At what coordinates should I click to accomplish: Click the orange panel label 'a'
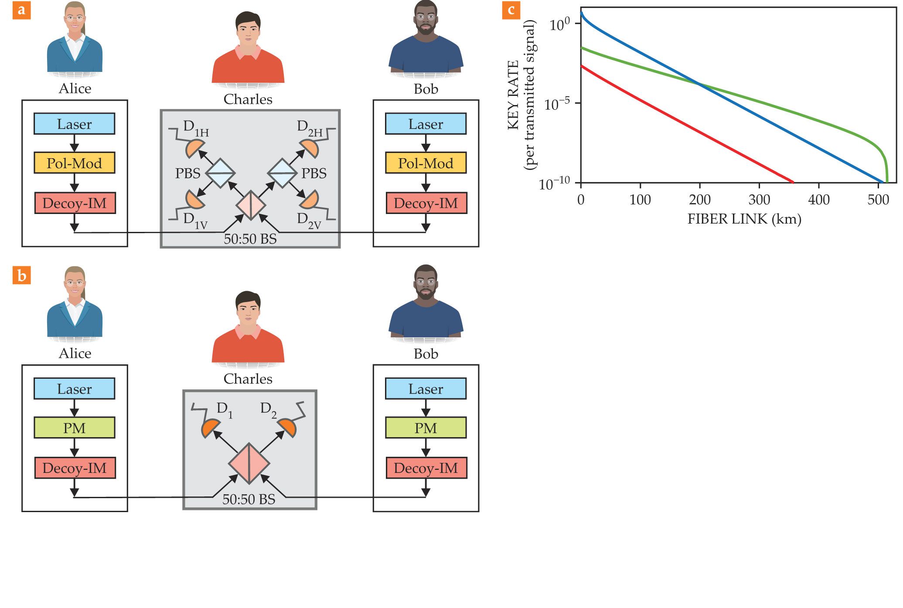[21, 10]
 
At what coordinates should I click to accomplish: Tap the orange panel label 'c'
[511, 10]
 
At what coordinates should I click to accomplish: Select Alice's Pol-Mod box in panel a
[75, 163]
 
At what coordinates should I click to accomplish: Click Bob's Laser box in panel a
[426, 124]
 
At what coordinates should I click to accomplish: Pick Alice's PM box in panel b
[75, 428]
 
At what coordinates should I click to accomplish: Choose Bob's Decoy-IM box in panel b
[426, 468]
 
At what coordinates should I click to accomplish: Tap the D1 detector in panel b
[211, 428]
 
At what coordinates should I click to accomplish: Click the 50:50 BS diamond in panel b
[249, 463]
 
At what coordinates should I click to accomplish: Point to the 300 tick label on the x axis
[759, 200]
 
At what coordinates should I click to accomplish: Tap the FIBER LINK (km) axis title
[744, 219]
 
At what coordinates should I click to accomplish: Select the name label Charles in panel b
[248, 379]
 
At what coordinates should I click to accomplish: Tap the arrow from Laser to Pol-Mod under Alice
[75, 143]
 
